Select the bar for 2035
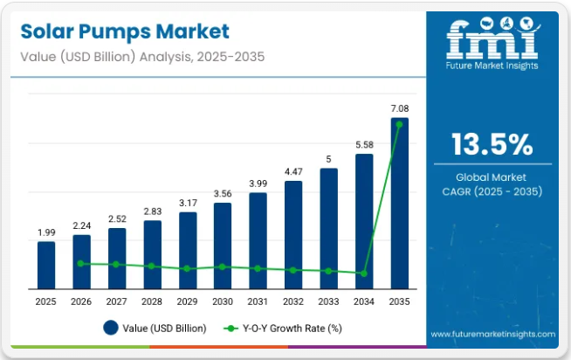(x=399, y=203)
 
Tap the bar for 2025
(x=46, y=265)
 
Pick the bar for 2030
(x=223, y=246)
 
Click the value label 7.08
(x=399, y=108)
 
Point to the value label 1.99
(x=46, y=232)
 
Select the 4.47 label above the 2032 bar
(x=293, y=171)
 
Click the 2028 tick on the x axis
(x=152, y=301)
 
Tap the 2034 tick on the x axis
(x=364, y=301)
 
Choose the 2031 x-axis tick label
(x=258, y=301)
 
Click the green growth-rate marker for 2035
(x=399, y=124)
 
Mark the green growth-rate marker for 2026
(x=81, y=263)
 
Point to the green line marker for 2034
(x=364, y=273)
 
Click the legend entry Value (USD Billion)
(x=155, y=329)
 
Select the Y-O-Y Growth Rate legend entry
(x=283, y=329)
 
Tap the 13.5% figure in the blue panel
(x=492, y=144)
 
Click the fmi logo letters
(x=492, y=40)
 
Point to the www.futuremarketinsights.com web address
(x=493, y=334)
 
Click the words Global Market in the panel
(x=492, y=177)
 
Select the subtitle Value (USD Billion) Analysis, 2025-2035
(x=140, y=57)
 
